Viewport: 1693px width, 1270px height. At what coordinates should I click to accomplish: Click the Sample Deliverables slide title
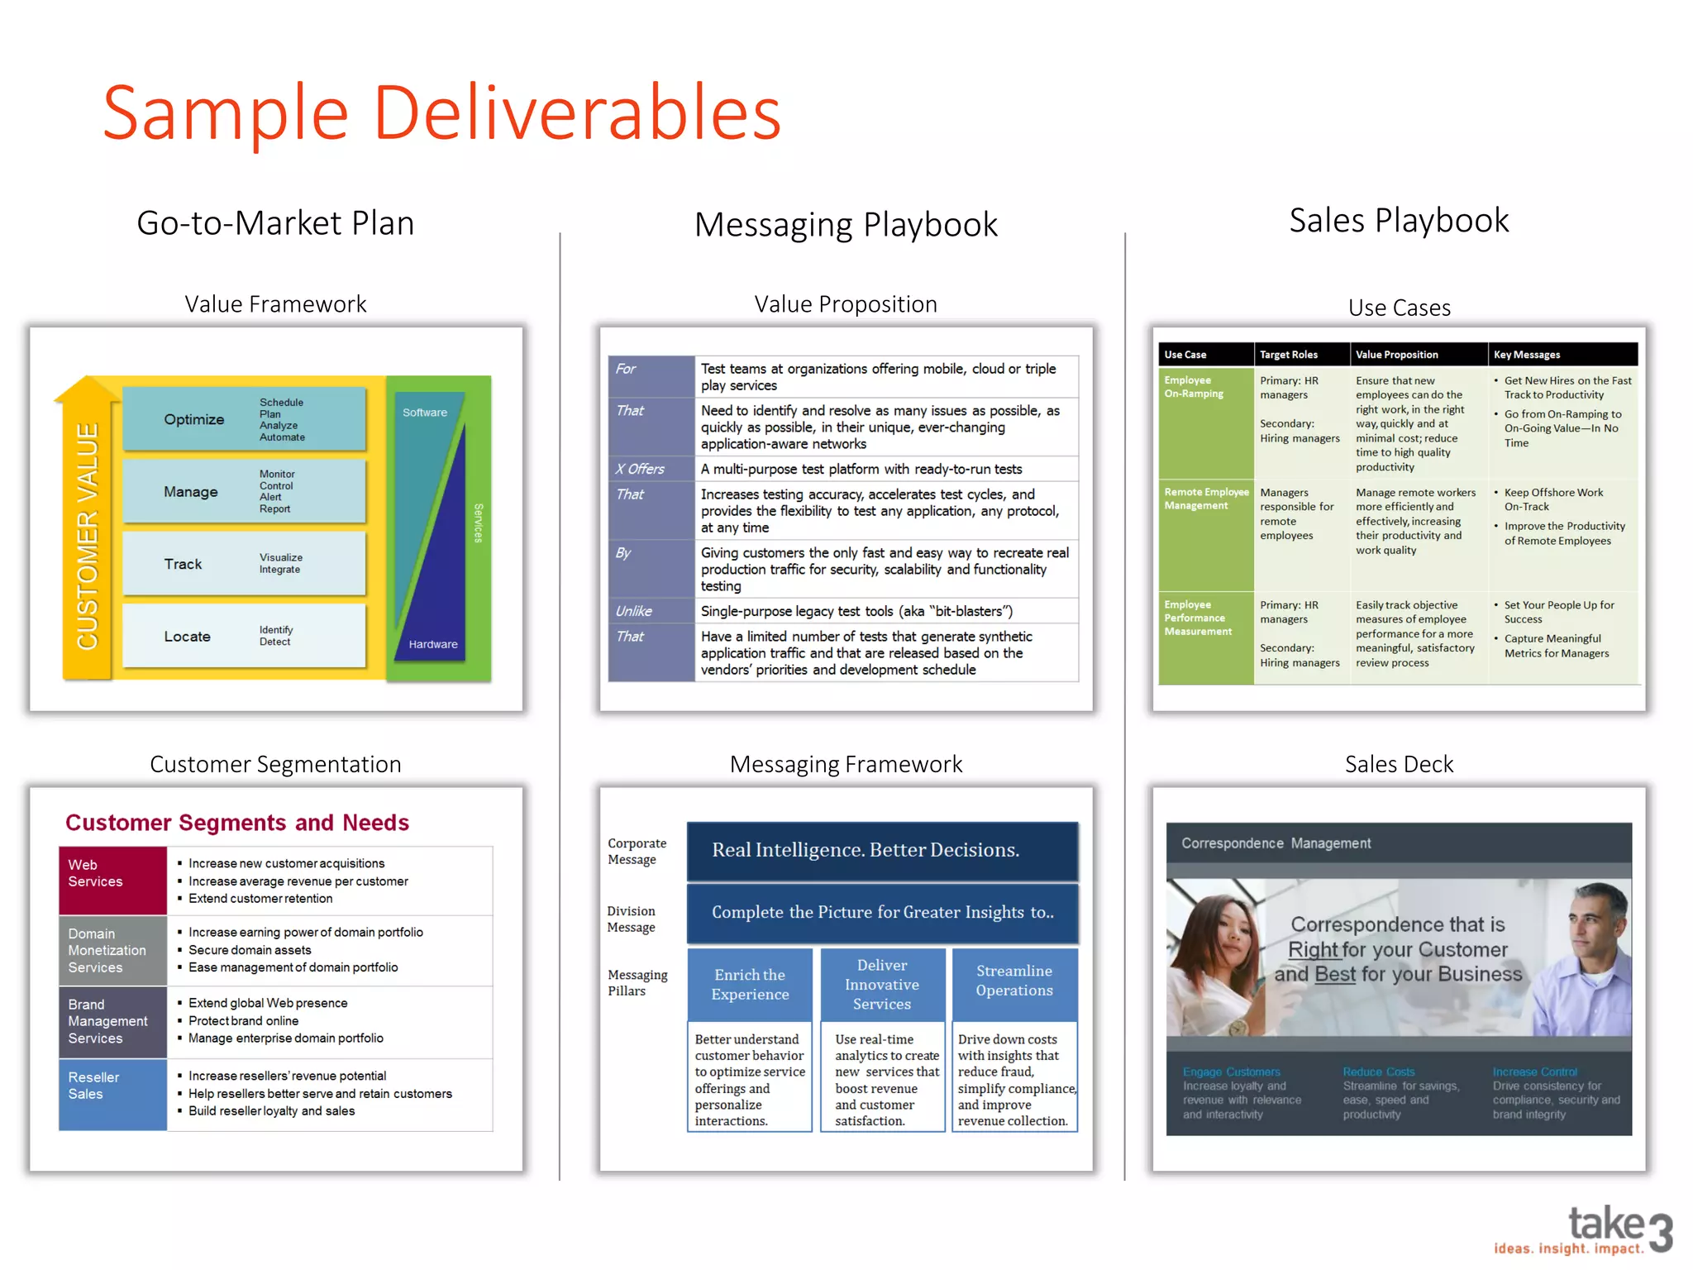tap(441, 112)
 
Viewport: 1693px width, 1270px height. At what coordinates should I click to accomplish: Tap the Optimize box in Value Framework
tap(244, 419)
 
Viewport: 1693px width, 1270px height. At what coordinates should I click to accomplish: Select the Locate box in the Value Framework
tap(244, 636)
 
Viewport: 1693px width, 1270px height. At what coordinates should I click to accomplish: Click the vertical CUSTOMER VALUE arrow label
tap(87, 536)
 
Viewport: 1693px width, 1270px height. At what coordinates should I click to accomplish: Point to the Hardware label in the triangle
tap(432, 644)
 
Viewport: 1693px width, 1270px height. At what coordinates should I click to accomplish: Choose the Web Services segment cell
tap(112, 880)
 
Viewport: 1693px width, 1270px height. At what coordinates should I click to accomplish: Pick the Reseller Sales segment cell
tap(112, 1093)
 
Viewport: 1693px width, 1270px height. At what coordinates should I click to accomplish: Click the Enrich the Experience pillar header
tap(750, 984)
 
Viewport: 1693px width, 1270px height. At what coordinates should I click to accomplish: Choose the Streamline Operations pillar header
tap(1014, 981)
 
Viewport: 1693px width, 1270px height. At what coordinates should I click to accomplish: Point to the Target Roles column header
tap(1290, 355)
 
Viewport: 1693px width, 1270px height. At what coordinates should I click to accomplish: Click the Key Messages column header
tap(1528, 355)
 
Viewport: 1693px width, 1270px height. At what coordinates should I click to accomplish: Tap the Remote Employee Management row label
tap(1206, 499)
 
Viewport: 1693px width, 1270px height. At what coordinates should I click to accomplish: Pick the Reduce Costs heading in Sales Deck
tap(1378, 1072)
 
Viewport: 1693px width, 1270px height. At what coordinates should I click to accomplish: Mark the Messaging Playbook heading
tap(846, 224)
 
